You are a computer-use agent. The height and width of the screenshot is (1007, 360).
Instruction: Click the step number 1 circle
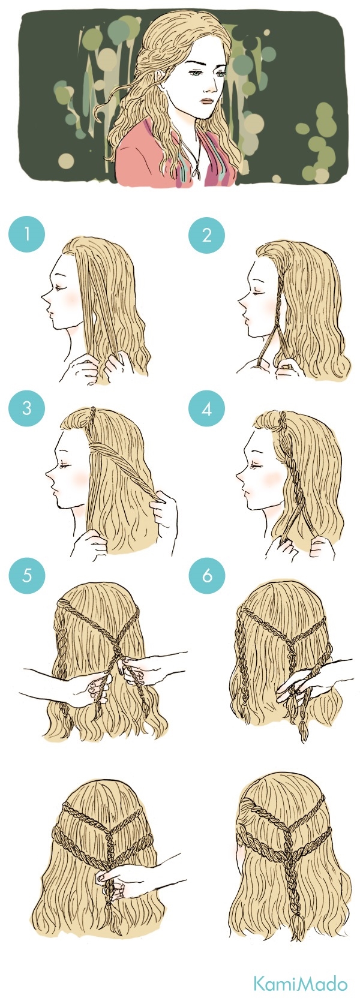[26, 234]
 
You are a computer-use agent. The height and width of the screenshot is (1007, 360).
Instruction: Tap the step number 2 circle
[206, 235]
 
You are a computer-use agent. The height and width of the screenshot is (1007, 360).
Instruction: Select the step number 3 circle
[26, 408]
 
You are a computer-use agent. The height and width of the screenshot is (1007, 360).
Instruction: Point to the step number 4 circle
[206, 408]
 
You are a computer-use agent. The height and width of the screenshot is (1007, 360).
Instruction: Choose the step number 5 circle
[26, 575]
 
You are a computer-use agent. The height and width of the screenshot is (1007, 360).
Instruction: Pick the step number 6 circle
[206, 575]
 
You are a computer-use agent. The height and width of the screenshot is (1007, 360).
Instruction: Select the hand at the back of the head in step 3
[164, 509]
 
